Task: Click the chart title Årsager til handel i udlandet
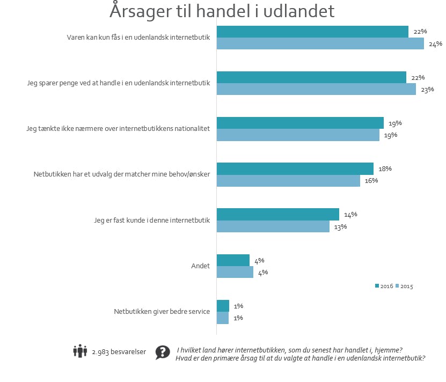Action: [222, 11]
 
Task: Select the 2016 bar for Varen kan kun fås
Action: [312, 32]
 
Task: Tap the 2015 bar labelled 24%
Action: [320, 44]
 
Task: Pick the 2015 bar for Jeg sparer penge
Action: [316, 90]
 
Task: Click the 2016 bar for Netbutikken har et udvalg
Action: [295, 168]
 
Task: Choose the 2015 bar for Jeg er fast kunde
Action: [273, 226]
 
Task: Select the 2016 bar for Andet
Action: [233, 260]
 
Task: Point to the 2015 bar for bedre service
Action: [222, 318]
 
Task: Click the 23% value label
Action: [427, 90]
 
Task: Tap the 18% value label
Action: [385, 168]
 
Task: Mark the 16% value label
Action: [371, 180]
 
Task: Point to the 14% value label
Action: [350, 215]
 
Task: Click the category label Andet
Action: [200, 266]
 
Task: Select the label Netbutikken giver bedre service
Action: [162, 312]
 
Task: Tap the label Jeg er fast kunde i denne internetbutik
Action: [151, 221]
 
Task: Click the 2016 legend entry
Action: [384, 286]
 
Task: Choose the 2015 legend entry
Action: [405, 286]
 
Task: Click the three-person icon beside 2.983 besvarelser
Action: [80, 351]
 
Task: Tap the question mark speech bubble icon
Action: [163, 352]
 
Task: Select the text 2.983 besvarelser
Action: [119, 352]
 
